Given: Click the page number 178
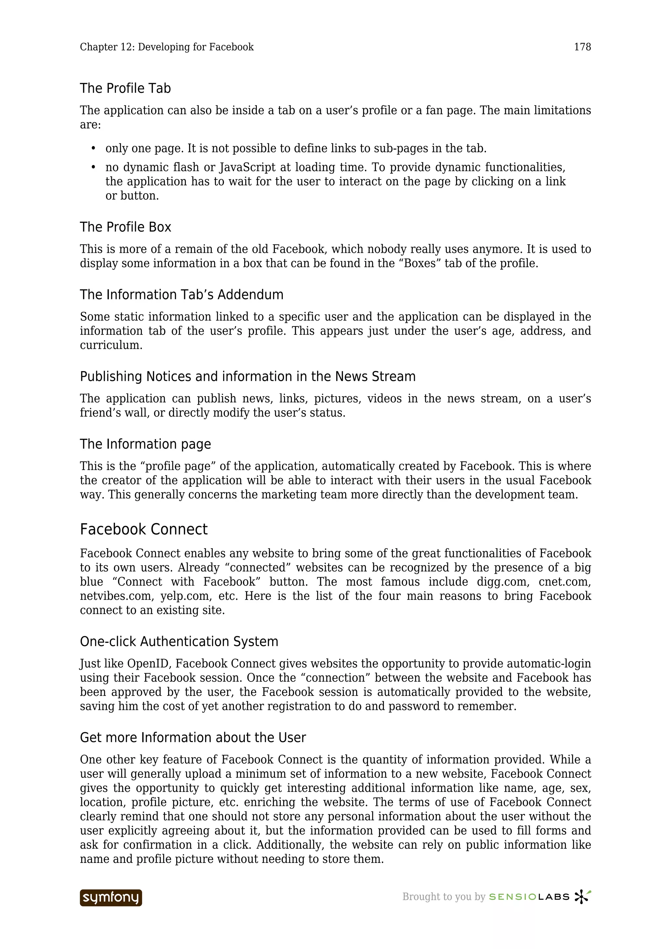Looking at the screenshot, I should coord(582,47).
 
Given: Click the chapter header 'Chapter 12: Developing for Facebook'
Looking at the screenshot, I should coord(167,47).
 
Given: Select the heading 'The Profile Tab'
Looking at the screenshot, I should coord(125,88).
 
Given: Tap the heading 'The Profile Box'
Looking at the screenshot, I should coord(125,227).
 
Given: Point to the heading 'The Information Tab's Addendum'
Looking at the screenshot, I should coord(182,295).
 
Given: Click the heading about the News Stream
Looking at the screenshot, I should coord(248,377).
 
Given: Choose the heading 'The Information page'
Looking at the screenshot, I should coord(145,444).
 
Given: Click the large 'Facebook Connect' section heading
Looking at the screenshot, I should coord(144,530).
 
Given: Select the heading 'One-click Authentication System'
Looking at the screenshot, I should coord(179,642).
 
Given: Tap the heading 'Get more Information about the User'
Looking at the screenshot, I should coord(193,737).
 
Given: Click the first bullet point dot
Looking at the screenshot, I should coord(93,148).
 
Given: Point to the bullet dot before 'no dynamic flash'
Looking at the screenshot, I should coord(93,167).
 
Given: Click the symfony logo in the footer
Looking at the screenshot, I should coord(111,898).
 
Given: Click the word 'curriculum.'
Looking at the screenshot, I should coord(111,345).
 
